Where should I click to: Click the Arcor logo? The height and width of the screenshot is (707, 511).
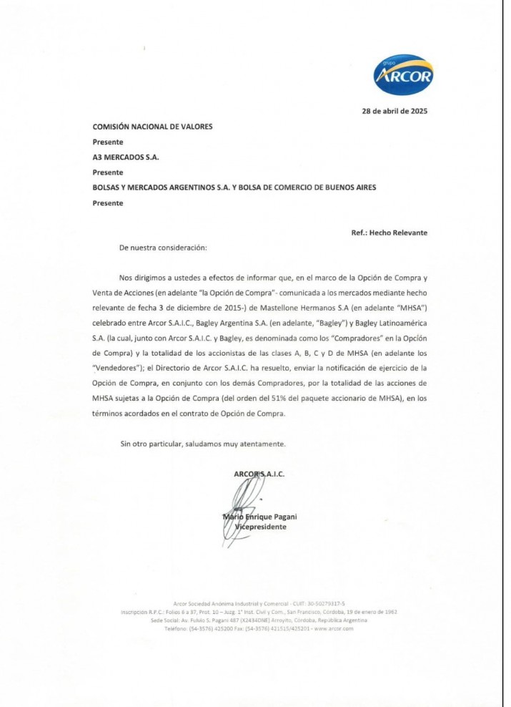pos(403,74)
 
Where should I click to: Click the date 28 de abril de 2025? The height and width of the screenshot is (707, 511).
pos(395,111)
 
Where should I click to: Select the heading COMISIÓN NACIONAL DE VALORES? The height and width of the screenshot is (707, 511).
pos(152,127)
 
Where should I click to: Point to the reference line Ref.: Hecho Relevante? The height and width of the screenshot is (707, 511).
pos(389,233)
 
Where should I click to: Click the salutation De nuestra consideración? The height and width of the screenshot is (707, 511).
pos(163,248)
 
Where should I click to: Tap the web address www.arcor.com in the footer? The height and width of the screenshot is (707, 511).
pos(332,628)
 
